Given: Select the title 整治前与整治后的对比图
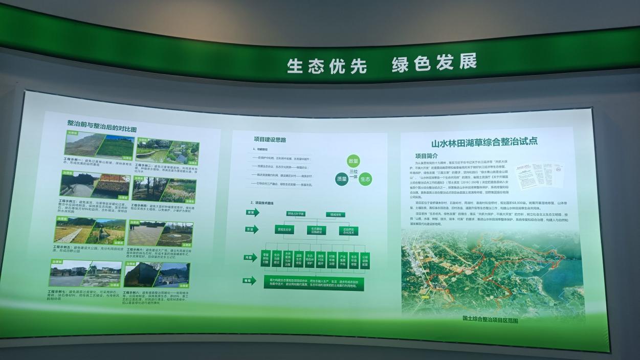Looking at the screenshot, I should (x=102, y=125).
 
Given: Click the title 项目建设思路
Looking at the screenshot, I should (x=270, y=139).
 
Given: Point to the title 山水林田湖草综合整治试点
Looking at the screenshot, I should (x=484, y=142).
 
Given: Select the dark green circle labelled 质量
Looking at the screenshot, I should (x=341, y=179).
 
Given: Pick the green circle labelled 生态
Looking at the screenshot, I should (x=365, y=179).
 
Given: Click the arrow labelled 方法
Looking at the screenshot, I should (x=252, y=229).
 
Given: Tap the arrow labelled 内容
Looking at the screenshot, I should (x=251, y=257).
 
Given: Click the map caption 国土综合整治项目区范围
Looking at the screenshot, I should (x=490, y=320).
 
